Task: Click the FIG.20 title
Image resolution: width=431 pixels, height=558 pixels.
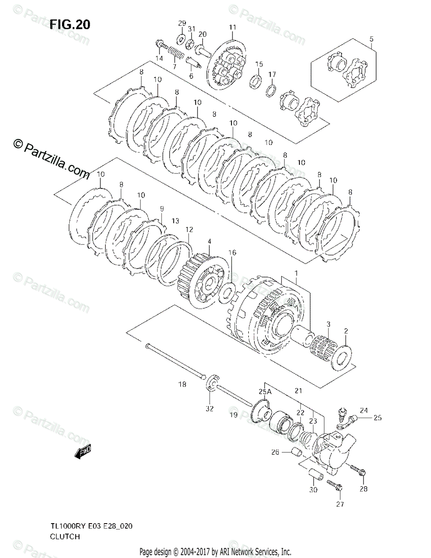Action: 70,24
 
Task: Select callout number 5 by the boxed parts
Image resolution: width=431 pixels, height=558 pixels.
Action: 371,39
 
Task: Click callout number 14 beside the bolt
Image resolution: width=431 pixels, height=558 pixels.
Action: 159,59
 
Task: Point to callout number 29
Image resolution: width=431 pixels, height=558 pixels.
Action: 182,23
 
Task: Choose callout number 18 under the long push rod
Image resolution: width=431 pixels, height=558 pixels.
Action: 182,385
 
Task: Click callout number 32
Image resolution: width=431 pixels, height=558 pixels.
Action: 210,409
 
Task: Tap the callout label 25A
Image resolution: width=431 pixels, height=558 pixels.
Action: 265,392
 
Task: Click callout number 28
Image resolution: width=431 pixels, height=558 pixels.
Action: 363,489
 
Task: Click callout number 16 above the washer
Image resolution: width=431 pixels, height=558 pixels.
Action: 232,252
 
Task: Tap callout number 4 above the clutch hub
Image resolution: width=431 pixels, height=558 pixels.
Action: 209,241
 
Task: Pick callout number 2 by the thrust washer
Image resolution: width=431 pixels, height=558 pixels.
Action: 345,331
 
